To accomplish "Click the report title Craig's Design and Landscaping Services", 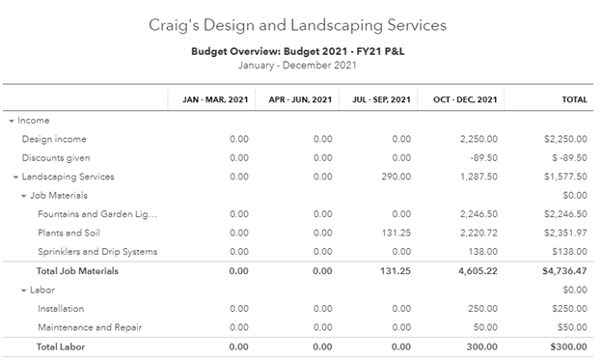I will click(300, 23).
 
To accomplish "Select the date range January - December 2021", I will click(300, 66).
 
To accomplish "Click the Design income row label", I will click(54, 139).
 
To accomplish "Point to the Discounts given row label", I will click(57, 157).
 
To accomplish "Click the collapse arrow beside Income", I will click(12, 121).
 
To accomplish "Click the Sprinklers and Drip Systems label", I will click(97, 252).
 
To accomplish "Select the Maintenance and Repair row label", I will click(88, 327).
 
